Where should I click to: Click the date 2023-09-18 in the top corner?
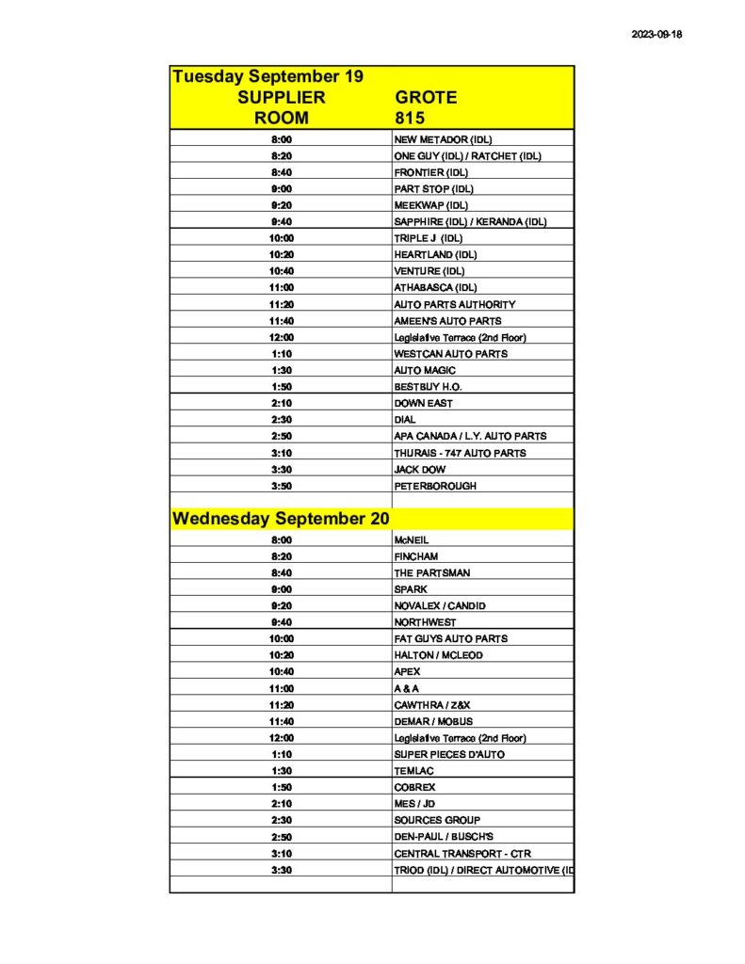(656, 34)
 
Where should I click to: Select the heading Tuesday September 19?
(267, 76)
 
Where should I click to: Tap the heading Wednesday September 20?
(281, 519)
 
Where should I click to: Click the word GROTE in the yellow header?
(426, 97)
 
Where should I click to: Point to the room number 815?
(411, 118)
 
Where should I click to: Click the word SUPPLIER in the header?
(282, 97)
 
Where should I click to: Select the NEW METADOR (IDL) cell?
(443, 139)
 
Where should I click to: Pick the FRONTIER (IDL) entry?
(431, 172)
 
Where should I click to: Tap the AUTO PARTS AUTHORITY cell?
(455, 304)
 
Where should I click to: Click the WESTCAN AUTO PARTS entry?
(450, 354)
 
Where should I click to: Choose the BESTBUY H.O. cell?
(428, 387)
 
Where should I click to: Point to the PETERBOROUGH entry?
(435, 486)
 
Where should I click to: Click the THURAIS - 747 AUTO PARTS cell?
(460, 453)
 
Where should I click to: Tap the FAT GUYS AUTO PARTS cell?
(450, 638)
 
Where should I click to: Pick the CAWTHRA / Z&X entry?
(432, 704)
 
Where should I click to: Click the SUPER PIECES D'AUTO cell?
(449, 754)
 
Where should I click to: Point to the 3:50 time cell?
(281, 486)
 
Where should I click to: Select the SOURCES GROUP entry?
(437, 820)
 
